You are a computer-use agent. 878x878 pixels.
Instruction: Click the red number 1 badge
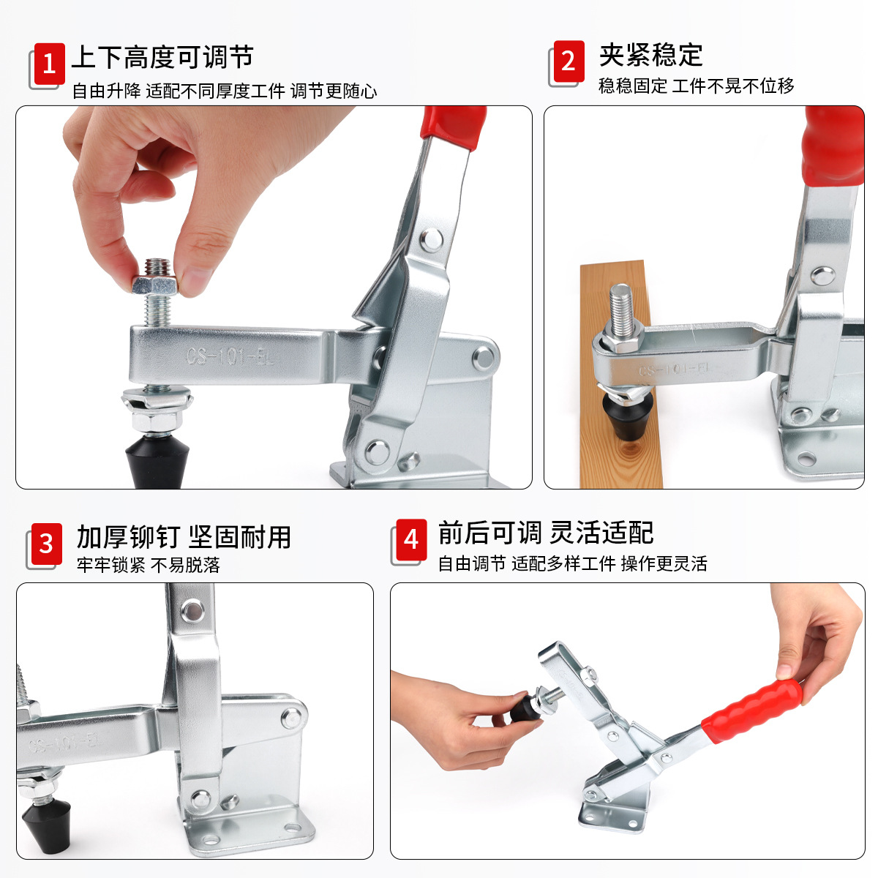click(49, 64)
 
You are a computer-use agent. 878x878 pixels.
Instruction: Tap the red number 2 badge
click(569, 61)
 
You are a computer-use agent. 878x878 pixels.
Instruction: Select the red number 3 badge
click(47, 544)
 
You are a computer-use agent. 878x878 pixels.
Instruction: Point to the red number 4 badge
click(411, 540)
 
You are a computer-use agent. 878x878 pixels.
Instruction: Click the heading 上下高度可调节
click(162, 57)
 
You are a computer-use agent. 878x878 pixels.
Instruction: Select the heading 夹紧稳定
click(651, 55)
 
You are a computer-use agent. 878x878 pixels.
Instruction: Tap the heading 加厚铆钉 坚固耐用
click(184, 537)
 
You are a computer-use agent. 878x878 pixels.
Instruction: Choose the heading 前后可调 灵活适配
click(546, 533)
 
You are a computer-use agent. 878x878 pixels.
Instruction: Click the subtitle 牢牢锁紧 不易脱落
click(149, 565)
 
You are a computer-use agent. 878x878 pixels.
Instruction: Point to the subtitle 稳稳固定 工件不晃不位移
click(697, 86)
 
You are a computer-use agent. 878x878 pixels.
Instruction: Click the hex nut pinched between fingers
click(155, 285)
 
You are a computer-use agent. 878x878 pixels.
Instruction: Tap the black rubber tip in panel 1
click(157, 462)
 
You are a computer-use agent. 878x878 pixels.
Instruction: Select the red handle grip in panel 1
click(454, 127)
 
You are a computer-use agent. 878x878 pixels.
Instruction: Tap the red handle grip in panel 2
click(833, 146)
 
